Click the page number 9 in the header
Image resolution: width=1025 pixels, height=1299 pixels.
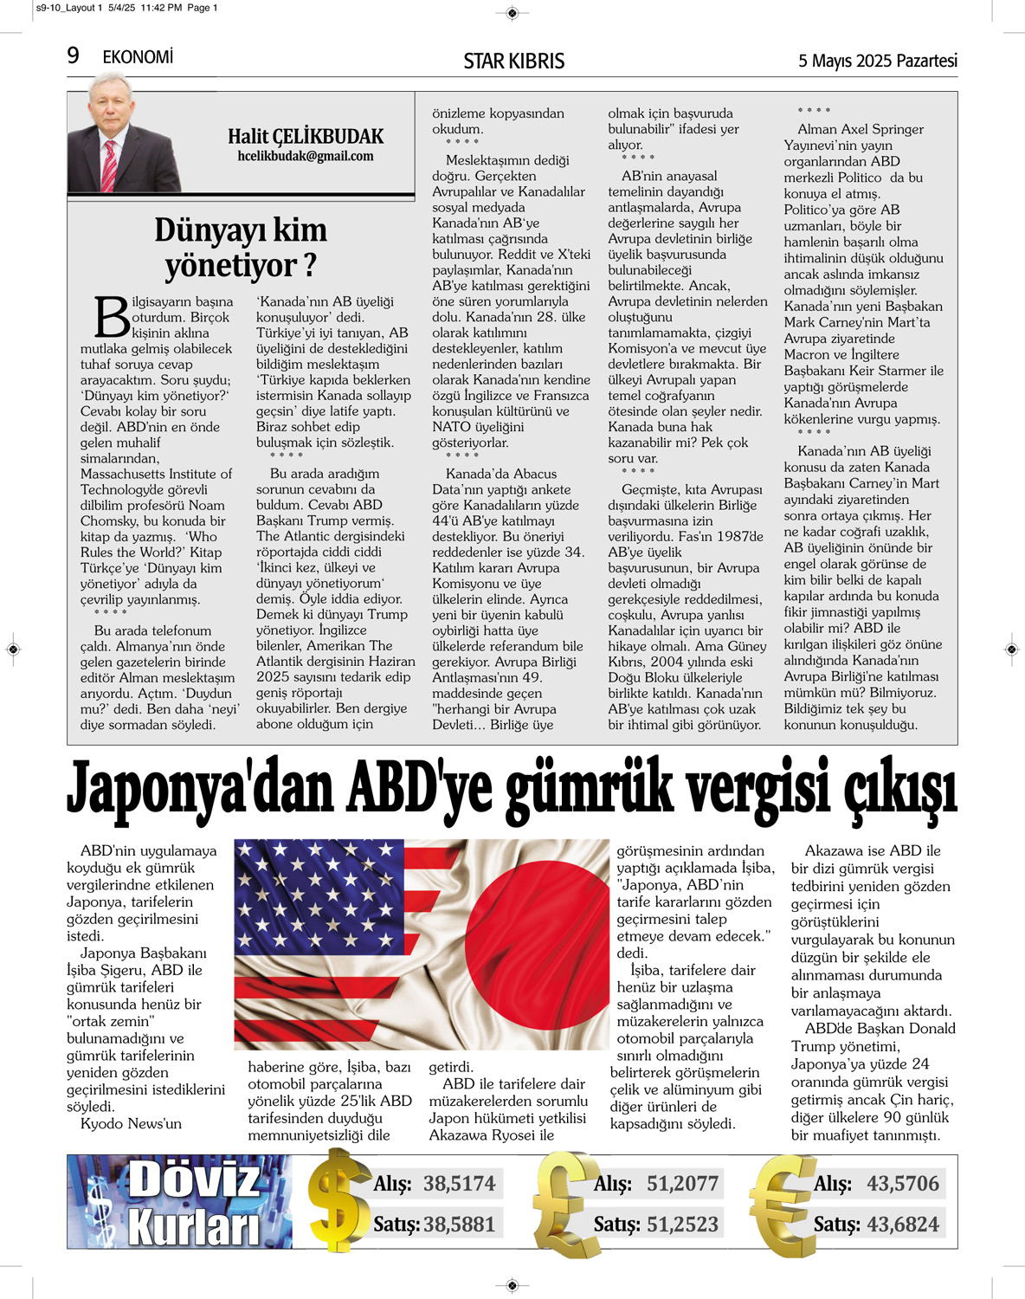(74, 56)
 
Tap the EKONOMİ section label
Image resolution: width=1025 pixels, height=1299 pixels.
(138, 57)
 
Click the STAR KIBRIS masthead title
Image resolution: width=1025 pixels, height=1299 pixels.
(513, 61)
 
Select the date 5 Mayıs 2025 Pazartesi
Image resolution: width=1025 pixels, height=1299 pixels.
(877, 61)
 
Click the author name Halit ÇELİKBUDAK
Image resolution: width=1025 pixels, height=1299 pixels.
(306, 136)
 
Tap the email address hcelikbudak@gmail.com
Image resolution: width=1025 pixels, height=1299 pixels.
(306, 157)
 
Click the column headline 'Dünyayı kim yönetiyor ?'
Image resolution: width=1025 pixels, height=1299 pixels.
(240, 248)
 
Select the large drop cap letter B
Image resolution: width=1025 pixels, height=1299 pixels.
(112, 317)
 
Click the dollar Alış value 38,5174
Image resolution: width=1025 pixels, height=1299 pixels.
(459, 1183)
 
